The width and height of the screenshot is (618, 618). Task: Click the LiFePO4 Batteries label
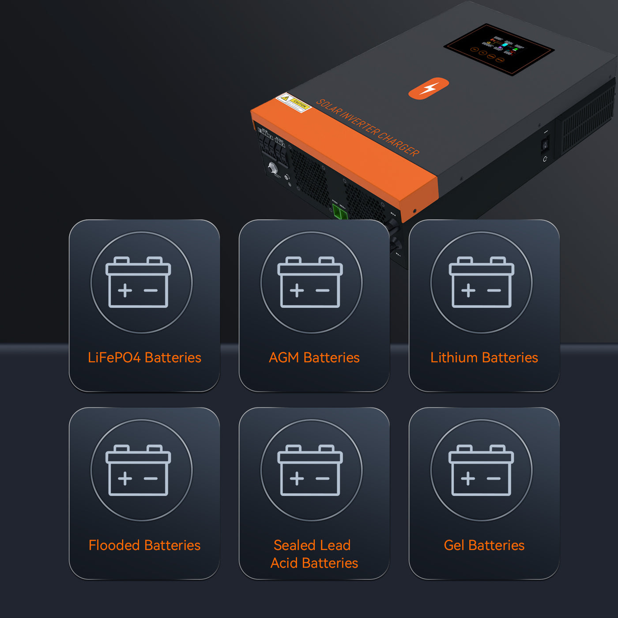(x=144, y=358)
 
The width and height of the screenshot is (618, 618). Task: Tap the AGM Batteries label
(x=314, y=358)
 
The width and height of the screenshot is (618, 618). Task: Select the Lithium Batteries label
(x=484, y=358)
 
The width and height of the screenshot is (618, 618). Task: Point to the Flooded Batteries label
(x=144, y=545)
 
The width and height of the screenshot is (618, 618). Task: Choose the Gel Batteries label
(x=484, y=545)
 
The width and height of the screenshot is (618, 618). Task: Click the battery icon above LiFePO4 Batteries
(x=138, y=283)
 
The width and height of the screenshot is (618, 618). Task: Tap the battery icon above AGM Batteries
(x=310, y=283)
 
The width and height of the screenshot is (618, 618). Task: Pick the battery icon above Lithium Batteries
(x=481, y=283)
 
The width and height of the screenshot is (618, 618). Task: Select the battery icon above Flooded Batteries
(x=138, y=470)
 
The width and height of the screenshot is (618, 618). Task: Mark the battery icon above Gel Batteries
(x=481, y=470)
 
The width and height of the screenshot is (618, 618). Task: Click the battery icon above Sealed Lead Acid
(x=310, y=470)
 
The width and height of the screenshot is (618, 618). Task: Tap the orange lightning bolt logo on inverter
(x=429, y=88)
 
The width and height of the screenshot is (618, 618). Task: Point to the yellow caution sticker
(x=294, y=103)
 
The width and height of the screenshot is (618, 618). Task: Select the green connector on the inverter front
(x=340, y=212)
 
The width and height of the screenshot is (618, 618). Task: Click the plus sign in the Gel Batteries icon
(x=468, y=479)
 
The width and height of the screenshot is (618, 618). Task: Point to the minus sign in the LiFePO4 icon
(x=151, y=290)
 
